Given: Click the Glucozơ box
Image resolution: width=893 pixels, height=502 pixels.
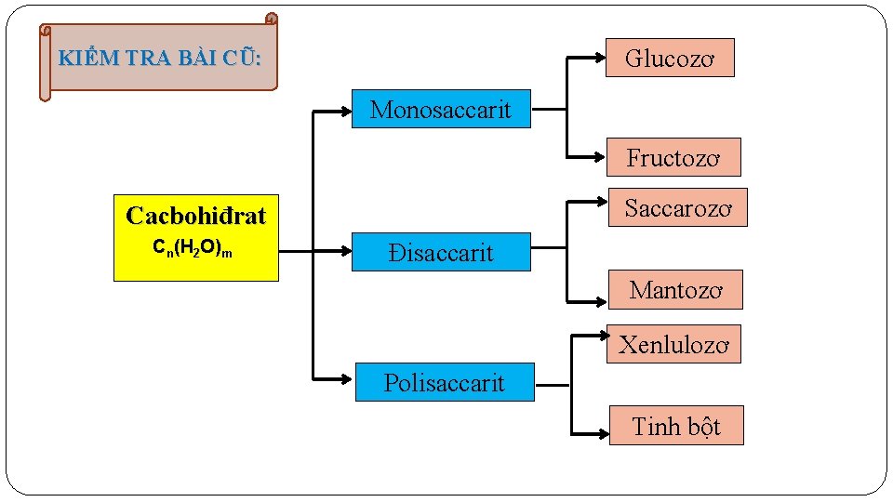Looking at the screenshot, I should coord(670,58).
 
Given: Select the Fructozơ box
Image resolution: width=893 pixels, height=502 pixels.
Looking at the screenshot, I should coord(673,157).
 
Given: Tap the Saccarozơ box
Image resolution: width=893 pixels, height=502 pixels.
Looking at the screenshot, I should coord(678,208).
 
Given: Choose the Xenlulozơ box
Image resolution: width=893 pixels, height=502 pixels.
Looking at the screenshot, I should coord(674,344).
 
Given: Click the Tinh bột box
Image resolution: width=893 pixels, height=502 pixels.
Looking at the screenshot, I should coord(676,426).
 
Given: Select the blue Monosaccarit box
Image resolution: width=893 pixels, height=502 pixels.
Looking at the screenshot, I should coord(441,109).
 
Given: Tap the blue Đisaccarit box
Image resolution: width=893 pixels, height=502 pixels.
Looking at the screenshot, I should coord(441,252).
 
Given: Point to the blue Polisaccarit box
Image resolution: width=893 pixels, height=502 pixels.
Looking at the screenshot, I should coord(445,382).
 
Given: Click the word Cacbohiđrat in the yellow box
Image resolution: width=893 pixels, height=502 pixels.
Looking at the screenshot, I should coord(196,217).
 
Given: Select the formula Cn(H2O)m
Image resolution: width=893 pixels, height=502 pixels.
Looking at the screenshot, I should coord(193,249).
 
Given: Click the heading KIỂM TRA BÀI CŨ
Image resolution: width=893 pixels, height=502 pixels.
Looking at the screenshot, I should coord(159,58).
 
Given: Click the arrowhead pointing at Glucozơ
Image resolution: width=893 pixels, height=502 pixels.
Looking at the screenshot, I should coord(597,57).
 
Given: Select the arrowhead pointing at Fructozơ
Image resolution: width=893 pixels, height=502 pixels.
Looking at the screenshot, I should coord(599,155).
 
